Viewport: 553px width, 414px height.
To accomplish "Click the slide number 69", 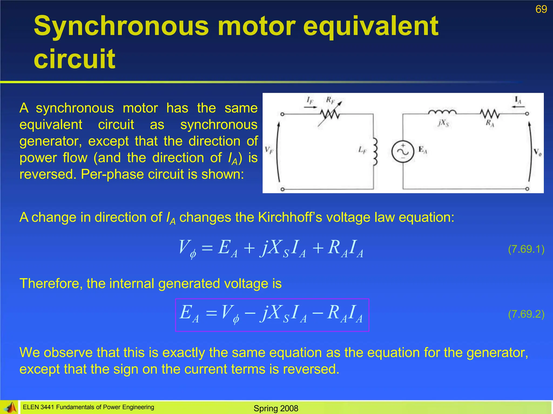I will point(541,9).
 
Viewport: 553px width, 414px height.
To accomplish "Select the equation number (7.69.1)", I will point(526,249).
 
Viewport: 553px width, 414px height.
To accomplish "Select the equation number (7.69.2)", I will point(526,314).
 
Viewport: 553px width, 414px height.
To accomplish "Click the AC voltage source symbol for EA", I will point(403,152).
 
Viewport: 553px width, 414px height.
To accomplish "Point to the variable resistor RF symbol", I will point(330,114).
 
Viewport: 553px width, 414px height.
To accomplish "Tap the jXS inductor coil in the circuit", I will point(442,112).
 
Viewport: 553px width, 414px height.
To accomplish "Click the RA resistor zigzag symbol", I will point(490,114).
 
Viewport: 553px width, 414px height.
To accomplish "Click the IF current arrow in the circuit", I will point(310,107).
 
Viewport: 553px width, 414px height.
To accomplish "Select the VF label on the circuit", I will point(269,150).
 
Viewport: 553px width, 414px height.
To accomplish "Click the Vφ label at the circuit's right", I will point(537,153).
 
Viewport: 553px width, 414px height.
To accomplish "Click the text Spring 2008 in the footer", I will point(276,408).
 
